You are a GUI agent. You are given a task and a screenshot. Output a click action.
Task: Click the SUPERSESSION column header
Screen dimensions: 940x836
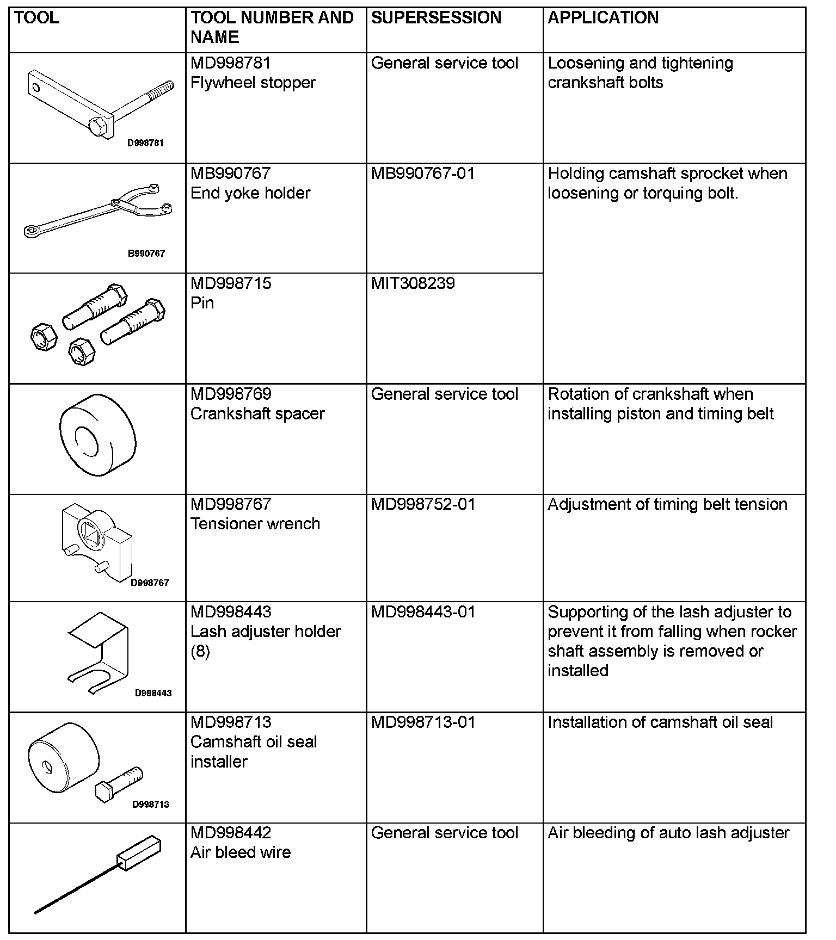pyautogui.click(x=436, y=18)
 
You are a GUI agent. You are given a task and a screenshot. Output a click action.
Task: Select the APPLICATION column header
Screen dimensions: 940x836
pyautogui.click(x=603, y=18)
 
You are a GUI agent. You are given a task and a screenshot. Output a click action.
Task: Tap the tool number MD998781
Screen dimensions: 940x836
pyautogui.click(x=231, y=63)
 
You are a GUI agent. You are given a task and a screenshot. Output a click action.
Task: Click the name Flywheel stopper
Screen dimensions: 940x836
pyautogui.click(x=253, y=83)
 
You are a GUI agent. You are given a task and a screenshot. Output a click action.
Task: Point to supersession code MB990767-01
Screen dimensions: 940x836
pyautogui.click(x=423, y=174)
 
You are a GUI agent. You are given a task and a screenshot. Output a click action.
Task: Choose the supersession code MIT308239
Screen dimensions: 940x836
pyautogui.click(x=413, y=283)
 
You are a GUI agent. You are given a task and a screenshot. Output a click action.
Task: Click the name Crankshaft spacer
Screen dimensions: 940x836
pyautogui.click(x=257, y=414)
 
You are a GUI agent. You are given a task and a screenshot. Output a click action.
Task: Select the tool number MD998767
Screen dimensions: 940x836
pyautogui.click(x=231, y=504)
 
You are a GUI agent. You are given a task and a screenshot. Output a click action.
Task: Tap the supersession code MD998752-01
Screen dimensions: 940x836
pyautogui.click(x=423, y=504)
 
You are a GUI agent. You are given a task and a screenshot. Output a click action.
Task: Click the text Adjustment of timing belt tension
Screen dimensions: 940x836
pyautogui.click(x=667, y=504)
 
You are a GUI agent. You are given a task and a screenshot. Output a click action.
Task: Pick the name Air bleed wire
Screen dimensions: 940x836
pyautogui.click(x=241, y=852)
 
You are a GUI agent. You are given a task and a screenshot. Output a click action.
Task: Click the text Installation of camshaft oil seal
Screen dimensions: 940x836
pyautogui.click(x=660, y=722)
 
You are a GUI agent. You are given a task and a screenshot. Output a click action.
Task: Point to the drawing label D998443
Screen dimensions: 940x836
pyautogui.click(x=153, y=693)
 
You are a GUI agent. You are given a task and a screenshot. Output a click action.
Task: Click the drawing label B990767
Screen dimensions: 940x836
pyautogui.click(x=146, y=253)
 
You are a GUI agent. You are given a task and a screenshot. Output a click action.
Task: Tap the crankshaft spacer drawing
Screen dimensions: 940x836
pyautogui.click(x=97, y=435)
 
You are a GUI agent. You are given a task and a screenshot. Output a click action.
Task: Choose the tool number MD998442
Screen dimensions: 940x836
pyautogui.click(x=231, y=833)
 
